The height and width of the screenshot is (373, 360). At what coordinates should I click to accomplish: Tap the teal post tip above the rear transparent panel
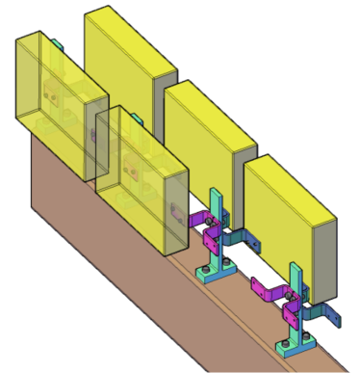[56, 43]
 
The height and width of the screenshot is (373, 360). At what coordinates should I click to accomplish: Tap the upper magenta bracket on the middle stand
[201, 220]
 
